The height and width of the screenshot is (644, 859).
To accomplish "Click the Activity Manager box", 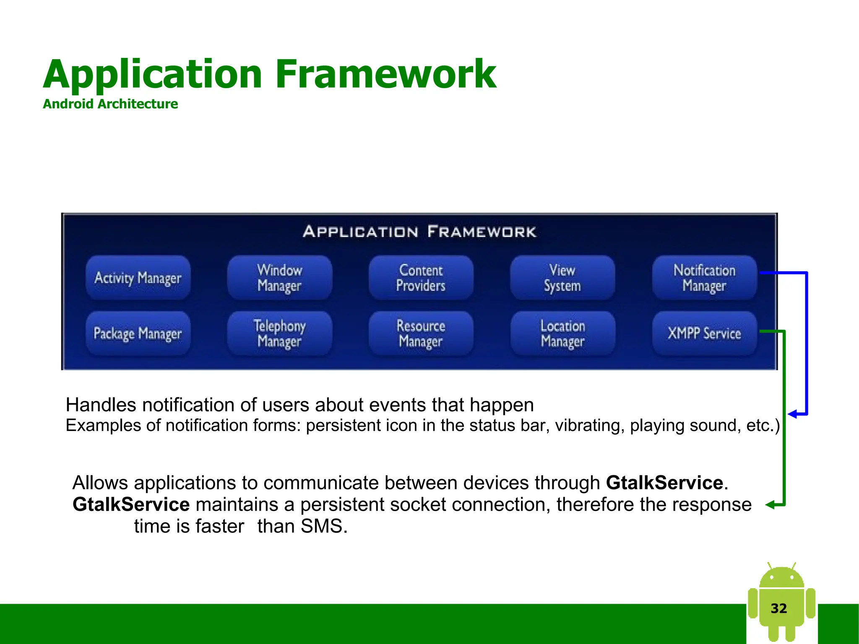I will point(138,278).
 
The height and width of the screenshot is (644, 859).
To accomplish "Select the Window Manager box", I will point(279,278).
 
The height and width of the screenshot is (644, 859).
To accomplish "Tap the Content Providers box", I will point(421,278).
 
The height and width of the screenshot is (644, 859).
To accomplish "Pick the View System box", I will point(562,278).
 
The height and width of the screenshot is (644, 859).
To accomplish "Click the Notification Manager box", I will point(704,278).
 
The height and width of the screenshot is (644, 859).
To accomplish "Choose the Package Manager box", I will point(138,334).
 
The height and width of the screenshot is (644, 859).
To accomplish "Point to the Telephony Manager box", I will point(279,334).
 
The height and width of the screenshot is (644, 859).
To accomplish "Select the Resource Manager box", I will point(421,334).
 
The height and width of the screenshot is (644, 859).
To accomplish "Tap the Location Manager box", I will point(562,334).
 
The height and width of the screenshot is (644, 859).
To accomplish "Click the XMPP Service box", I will point(704,334).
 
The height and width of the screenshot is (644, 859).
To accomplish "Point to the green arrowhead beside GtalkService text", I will point(770,505).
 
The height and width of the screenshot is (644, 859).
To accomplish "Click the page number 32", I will point(778,608).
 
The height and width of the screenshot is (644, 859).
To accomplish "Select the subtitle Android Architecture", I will point(110,104).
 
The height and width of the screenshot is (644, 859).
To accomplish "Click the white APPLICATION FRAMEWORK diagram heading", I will point(419,232).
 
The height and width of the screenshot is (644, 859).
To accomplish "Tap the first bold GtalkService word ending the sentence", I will point(664,482).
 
